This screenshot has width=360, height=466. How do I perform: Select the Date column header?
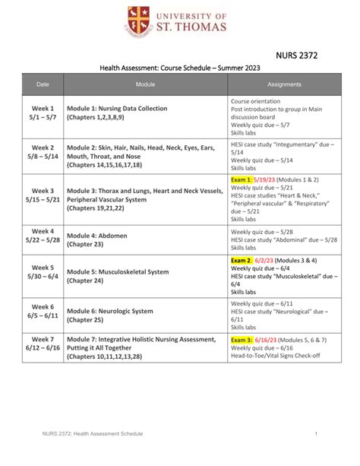[43, 84]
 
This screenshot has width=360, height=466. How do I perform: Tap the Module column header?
[145, 84]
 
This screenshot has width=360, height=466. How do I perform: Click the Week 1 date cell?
[43, 114]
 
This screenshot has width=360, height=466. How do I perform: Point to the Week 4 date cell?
[43, 236]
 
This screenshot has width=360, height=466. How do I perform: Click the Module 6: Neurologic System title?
[110, 311]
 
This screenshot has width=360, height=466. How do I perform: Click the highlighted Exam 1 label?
[242, 179]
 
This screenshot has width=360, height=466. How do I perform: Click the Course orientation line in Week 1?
[255, 101]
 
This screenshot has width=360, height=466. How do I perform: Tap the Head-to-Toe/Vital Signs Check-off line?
[276, 355]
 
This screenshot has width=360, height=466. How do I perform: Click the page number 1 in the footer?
[314, 433]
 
